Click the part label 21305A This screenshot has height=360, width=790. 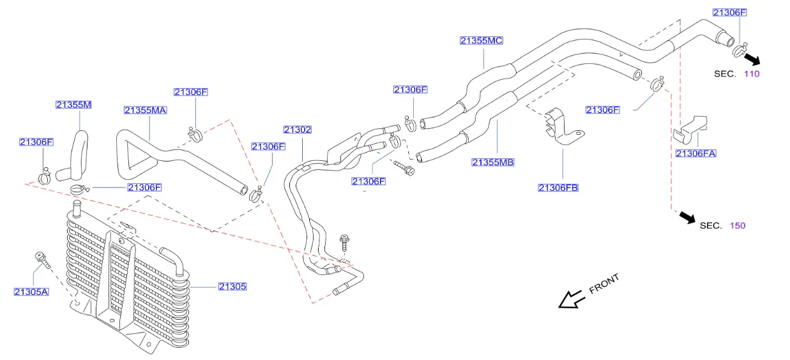[31, 292]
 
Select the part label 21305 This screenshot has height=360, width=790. [232, 287]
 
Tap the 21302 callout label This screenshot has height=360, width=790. [298, 130]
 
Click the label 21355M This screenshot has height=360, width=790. [73, 105]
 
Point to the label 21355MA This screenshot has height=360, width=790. [146, 110]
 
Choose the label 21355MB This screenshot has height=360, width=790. [493, 162]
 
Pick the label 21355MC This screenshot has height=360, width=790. [482, 41]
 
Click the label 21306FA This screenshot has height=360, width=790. [696, 153]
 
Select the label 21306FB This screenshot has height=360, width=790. [558, 188]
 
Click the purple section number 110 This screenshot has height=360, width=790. [752, 74]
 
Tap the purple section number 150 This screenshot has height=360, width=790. [738, 226]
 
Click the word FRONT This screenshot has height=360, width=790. [604, 284]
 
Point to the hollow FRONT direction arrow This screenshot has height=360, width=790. [572, 300]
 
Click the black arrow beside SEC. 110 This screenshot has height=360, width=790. [752, 59]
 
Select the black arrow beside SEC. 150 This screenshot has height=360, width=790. [687, 218]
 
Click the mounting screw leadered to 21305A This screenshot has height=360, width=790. [43, 260]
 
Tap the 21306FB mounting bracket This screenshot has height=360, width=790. [563, 128]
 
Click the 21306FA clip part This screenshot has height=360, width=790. [690, 130]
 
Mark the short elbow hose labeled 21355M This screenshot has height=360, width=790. [73, 156]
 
